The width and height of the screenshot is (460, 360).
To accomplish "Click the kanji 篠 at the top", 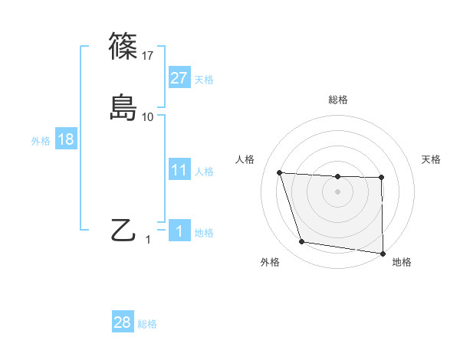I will point(123,46).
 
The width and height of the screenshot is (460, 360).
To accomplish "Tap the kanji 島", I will point(123,107).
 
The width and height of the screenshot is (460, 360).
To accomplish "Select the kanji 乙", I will point(123,230).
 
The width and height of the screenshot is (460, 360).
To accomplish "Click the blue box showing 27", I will point(179,77).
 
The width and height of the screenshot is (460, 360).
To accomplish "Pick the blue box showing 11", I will point(179,170).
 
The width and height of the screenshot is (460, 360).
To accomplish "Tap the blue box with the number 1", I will point(179,231).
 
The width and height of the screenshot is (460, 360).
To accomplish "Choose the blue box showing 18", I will point(65,139).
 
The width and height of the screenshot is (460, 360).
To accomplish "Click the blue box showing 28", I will point(122,322).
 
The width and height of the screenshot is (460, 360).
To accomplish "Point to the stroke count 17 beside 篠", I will point(148,55).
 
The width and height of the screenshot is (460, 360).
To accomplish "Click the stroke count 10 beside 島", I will point(148,116).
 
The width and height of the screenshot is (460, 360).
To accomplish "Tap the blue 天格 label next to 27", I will point(204,79).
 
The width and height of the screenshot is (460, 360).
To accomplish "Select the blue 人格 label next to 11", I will point(204,172).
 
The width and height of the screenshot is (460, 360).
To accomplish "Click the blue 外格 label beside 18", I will point(41,141).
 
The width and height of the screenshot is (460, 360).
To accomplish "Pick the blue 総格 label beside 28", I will point(147,324).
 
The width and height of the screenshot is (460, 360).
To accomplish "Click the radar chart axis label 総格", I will point(338,100).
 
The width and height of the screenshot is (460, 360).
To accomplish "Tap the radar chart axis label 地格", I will point(402,262).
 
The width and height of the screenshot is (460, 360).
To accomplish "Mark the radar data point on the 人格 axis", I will point(280,173).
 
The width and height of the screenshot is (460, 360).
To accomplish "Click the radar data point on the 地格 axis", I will point(383,253).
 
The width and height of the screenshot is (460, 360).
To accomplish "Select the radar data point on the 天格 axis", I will point(382,178).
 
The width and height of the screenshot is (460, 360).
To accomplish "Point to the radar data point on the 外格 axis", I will point(302,242).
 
